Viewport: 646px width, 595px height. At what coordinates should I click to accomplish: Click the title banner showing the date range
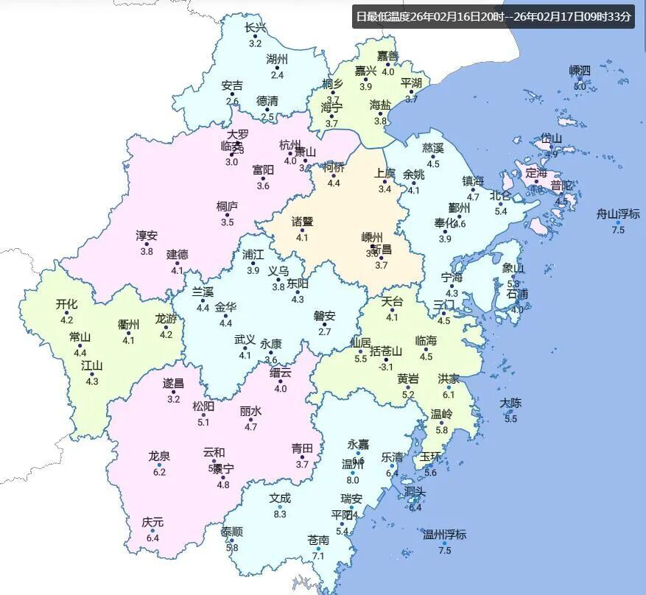coord(493,16)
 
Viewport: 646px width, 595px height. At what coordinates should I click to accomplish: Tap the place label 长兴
coord(256,28)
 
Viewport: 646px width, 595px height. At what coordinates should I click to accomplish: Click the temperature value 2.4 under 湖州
coord(277,75)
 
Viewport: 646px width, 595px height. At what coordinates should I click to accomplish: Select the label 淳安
coord(147,236)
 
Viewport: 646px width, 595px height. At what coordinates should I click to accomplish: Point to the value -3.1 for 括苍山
coord(385,367)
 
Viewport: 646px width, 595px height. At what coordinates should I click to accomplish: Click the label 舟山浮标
coord(618,214)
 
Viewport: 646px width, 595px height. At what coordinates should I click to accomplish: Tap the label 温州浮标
coord(444,535)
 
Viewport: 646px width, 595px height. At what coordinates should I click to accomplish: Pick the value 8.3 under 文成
coord(280,514)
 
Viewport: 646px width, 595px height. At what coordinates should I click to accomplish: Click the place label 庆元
coord(153,522)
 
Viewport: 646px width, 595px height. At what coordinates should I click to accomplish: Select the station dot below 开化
coord(67,312)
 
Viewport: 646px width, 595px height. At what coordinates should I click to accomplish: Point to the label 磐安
coord(324,316)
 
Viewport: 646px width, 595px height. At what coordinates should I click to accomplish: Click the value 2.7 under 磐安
coord(324,332)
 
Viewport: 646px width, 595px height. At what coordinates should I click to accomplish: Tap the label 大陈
coord(510,403)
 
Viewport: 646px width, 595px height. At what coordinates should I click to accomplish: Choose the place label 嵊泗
coord(580,71)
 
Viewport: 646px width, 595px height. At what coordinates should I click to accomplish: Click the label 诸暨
coord(302,222)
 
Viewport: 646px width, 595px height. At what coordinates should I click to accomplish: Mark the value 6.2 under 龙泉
coord(159,472)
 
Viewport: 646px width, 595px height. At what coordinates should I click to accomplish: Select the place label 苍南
coord(318,541)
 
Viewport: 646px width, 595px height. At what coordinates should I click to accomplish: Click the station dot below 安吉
coord(232,94)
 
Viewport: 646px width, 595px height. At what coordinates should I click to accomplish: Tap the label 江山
coord(92,365)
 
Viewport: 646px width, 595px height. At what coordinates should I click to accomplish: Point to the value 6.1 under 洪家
coord(449,395)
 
